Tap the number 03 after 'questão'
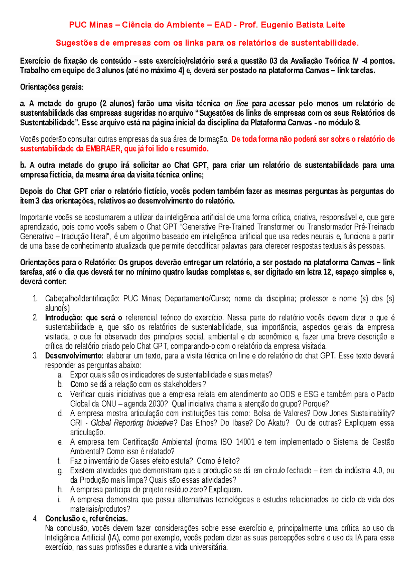point(273,61)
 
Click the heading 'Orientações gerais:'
point(52,87)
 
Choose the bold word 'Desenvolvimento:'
point(74,356)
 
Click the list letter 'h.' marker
point(60,490)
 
